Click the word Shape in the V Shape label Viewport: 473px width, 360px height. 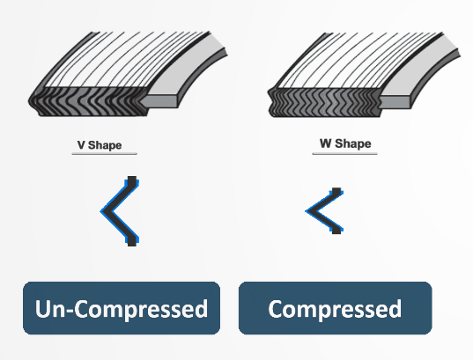[x=105, y=145]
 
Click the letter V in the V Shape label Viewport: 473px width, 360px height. [x=81, y=145]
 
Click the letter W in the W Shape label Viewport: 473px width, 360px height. [x=326, y=143]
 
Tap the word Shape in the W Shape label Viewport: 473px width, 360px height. [x=353, y=143]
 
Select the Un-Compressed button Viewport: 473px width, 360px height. [x=122, y=308]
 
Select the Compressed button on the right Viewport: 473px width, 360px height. [x=335, y=308]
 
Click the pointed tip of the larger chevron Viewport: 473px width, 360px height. [x=101, y=211]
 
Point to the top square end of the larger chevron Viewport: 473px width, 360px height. [x=132, y=181]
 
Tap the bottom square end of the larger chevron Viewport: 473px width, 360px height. [x=132, y=241]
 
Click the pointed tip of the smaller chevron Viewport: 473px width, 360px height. [x=307, y=211]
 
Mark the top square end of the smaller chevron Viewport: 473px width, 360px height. [x=336, y=192]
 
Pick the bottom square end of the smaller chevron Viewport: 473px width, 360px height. [x=336, y=230]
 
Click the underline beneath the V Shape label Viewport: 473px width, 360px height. [x=104, y=154]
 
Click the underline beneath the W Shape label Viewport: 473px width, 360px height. [x=344, y=153]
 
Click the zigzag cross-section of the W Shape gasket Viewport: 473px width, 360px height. [x=324, y=102]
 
